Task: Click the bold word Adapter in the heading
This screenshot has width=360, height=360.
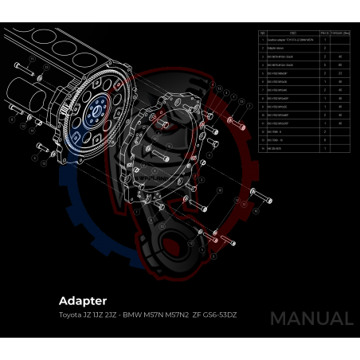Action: point(83,301)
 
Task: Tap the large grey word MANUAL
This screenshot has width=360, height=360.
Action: point(311,319)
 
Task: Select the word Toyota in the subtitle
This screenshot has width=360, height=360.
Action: point(70,315)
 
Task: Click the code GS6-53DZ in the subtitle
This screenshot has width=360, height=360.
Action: point(219,315)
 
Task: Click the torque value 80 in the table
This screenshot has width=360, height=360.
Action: point(340,65)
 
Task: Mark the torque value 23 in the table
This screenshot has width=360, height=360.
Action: point(340,73)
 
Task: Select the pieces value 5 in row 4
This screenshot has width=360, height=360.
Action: point(326,65)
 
